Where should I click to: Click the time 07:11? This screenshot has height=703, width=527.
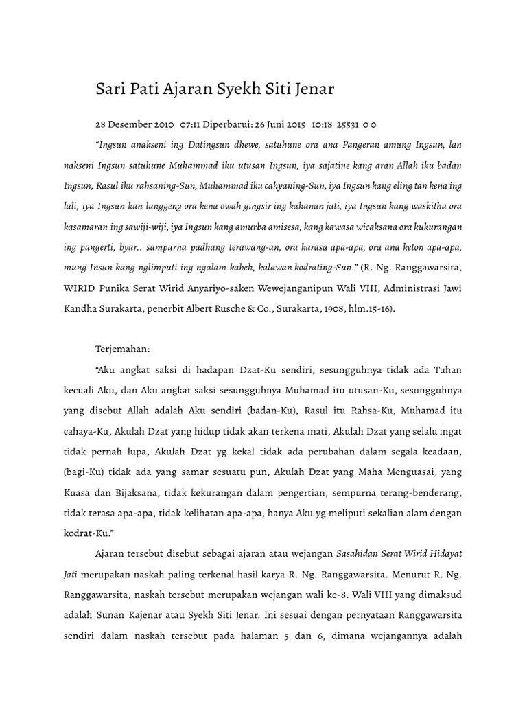(x=191, y=125)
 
